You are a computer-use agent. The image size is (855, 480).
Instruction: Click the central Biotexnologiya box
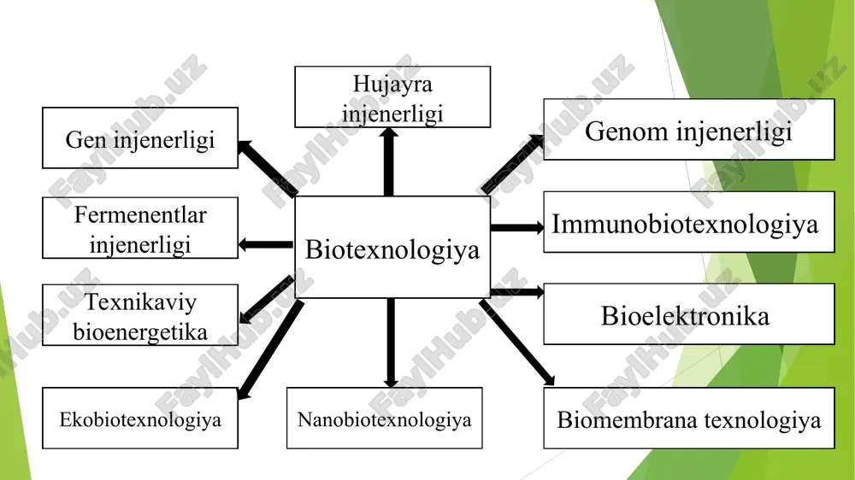click(x=392, y=247)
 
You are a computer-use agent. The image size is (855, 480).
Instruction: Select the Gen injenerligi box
click(x=140, y=138)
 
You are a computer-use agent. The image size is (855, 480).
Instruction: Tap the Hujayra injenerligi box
click(x=392, y=97)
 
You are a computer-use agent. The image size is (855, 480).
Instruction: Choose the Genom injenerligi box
click(x=688, y=129)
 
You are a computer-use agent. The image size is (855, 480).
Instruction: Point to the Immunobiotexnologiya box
click(x=688, y=222)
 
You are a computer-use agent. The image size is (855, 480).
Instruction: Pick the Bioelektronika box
click(x=688, y=313)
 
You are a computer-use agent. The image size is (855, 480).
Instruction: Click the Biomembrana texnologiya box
click(x=688, y=418)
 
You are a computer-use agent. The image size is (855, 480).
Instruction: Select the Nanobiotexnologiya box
click(x=385, y=418)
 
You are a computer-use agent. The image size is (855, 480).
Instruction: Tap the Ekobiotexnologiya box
click(x=140, y=418)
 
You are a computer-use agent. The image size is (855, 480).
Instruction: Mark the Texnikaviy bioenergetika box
click(x=140, y=315)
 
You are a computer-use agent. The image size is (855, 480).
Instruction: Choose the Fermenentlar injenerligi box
click(x=140, y=228)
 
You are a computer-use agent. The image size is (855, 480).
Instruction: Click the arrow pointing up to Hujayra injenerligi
click(x=389, y=161)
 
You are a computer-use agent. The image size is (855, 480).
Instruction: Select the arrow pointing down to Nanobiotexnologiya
click(x=391, y=342)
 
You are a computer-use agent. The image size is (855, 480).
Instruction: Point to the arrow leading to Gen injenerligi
click(x=268, y=167)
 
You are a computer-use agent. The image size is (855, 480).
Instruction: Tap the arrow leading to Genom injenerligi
click(x=511, y=164)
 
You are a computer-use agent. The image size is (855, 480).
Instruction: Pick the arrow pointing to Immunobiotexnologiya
click(x=517, y=228)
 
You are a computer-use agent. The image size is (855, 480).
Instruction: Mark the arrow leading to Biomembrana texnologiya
click(x=517, y=342)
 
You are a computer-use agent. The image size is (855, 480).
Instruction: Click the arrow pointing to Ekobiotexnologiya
click(x=271, y=349)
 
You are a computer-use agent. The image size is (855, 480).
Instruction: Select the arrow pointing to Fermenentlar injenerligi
click(x=266, y=244)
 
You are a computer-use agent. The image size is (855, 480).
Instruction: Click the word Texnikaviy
click(x=141, y=301)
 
